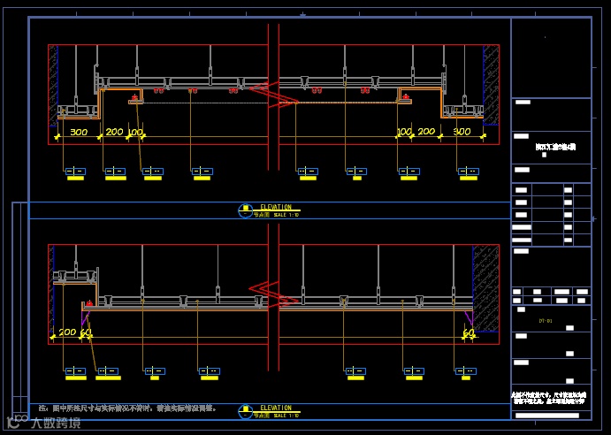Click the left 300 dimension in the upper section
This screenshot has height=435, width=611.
(79, 133)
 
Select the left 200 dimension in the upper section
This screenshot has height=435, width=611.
(114, 133)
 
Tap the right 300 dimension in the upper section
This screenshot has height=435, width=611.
(462, 133)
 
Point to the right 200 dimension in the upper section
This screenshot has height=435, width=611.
(426, 133)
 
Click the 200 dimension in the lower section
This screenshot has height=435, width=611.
(67, 332)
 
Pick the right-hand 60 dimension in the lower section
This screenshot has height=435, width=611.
(469, 332)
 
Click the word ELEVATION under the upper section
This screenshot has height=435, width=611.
(275, 208)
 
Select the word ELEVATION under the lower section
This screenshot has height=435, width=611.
(275, 408)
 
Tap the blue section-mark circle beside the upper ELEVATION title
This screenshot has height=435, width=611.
(245, 210)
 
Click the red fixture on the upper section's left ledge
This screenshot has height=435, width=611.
(135, 95)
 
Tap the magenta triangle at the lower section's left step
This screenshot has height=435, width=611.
(85, 315)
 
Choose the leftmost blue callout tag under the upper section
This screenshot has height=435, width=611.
(75, 171)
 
